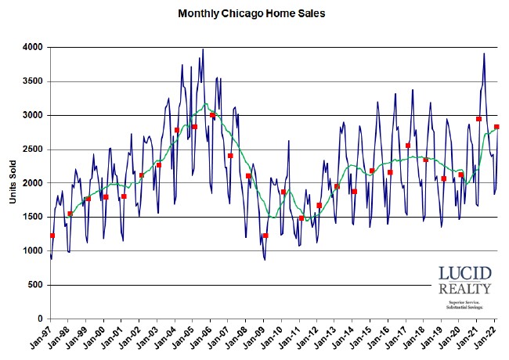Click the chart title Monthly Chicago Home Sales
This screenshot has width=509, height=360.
pos(251,13)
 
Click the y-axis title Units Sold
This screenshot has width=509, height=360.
pos(13,183)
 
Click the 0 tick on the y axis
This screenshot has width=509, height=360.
pos(41,319)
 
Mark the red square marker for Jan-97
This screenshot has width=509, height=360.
pos(52,236)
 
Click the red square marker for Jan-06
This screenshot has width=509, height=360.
pos(212,115)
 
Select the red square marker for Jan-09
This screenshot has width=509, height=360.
pos(265,236)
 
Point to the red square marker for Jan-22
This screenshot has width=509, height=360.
pos(496,127)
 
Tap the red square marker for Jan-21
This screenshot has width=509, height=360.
pos(478,119)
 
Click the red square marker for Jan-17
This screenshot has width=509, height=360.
pos(408,146)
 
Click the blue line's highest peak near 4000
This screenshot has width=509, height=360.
pos(203,49)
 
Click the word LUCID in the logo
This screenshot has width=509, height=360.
pos(465,275)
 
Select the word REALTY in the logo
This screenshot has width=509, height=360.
pos(465,290)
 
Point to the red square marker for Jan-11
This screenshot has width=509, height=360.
pos(301,218)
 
